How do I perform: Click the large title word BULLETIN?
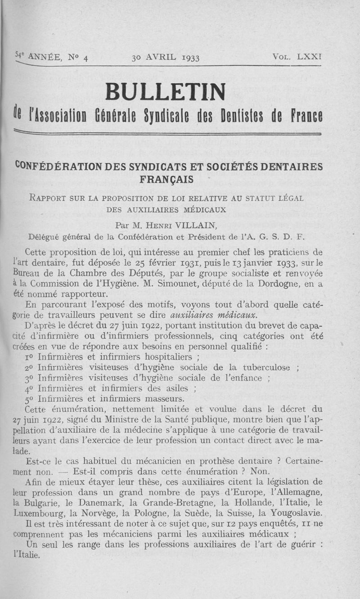[x=165, y=93]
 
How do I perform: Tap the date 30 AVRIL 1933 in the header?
[x=166, y=58]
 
